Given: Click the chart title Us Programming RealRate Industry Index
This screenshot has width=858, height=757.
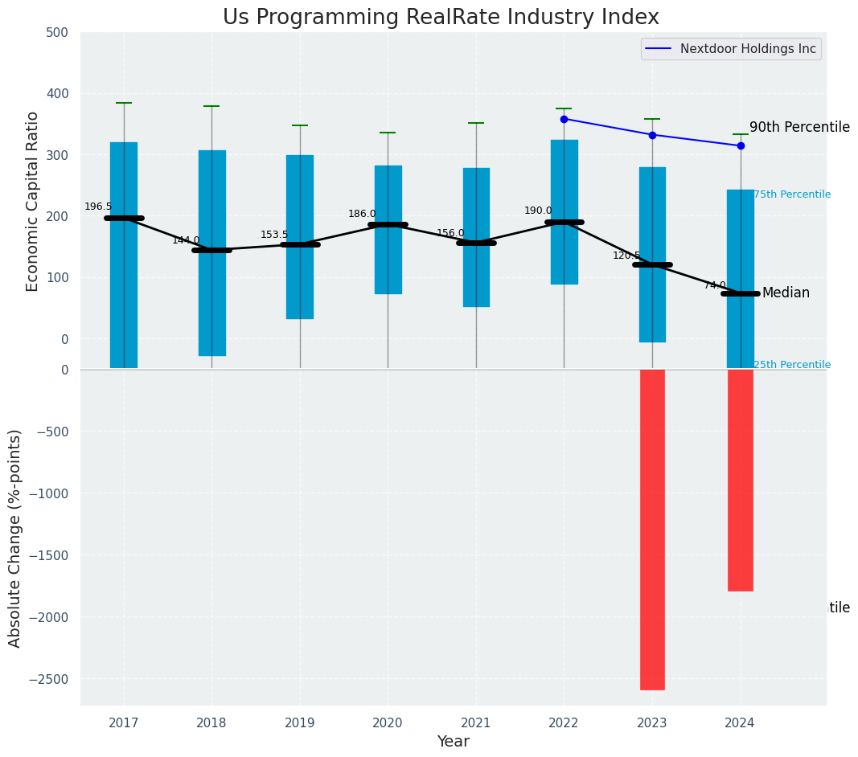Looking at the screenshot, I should coord(441,18).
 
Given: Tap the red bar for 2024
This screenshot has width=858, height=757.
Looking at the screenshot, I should coord(740,480).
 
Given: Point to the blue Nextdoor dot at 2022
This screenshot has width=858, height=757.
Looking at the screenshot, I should coord(564,119).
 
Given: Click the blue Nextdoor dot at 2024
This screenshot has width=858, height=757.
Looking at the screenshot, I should coord(741,145).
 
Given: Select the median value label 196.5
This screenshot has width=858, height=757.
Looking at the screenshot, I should coord(98,207).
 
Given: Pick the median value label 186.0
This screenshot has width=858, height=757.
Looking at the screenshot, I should coord(362,214).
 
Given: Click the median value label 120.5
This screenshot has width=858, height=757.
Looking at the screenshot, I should coord(626,256).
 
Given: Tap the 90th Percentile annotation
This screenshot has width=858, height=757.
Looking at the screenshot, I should coord(799,127).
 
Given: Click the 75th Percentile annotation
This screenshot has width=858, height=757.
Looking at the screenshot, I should coord(792,194).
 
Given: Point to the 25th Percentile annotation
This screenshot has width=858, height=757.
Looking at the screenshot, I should coord(792,365).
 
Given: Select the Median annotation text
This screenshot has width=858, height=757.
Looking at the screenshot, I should coord(786,293).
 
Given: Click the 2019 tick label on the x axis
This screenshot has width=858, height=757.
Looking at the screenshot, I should coord(300,723).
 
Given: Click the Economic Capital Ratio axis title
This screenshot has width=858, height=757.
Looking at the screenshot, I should coord(33,201).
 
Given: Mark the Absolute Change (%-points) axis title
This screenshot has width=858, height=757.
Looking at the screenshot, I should coord(14,538).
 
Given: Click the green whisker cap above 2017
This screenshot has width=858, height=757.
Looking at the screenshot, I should coord(124,103).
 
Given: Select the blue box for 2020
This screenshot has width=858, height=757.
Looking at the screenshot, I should coord(388,229).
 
